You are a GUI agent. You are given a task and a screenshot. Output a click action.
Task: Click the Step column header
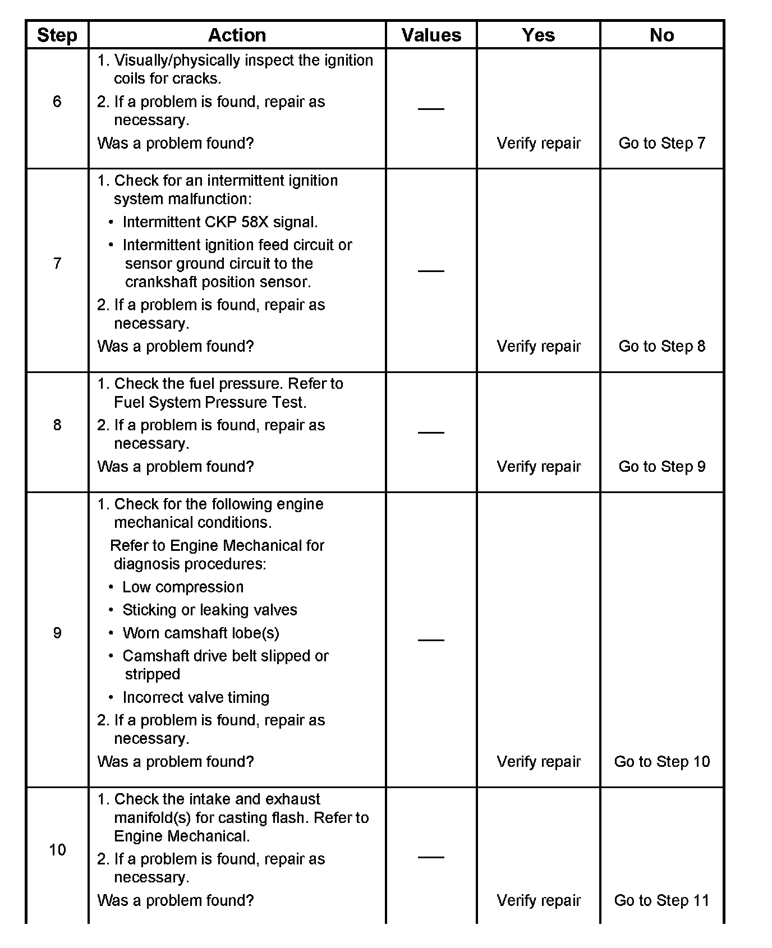pos(57,35)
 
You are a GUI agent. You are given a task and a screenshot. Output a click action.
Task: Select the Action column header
pos(237,35)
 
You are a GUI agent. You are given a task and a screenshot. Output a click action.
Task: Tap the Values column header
pos(431,35)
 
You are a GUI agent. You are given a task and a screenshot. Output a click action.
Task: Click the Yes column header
pos(538,35)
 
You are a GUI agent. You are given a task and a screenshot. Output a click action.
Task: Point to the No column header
pos(661,35)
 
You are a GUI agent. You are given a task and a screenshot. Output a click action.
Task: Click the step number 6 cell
pos(57,102)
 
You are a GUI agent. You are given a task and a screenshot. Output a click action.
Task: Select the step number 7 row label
pos(57,263)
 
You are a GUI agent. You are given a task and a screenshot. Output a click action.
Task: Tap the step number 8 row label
pos(57,425)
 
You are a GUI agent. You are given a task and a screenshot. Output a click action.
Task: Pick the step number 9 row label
pos(57,633)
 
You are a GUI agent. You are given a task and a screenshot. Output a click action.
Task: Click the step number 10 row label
pos(57,850)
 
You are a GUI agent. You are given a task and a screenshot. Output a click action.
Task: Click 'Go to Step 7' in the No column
pos(661,143)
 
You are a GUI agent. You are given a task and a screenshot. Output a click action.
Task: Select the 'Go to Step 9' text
pos(661,467)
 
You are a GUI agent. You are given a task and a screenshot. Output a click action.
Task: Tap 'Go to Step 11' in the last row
pos(661,900)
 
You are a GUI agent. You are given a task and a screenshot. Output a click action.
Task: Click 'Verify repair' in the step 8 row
pos(539,467)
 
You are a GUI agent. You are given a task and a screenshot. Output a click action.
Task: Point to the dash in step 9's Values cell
pos(431,639)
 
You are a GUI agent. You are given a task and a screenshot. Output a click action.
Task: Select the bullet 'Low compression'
pos(183,587)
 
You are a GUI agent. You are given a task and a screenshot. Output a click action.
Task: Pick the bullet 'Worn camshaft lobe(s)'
pos(200,633)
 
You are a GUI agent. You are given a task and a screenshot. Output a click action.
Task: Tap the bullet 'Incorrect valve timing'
pos(196,697)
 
